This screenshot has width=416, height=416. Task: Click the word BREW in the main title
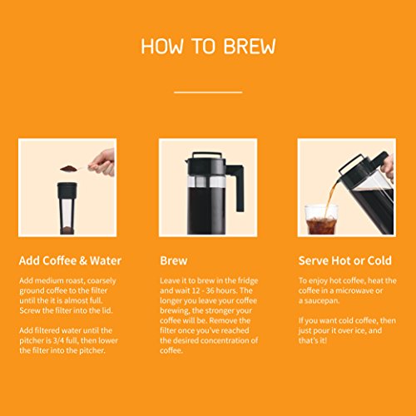tap(250, 46)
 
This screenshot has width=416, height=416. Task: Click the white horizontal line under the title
tap(208, 92)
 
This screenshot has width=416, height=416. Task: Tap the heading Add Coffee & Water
tap(70, 260)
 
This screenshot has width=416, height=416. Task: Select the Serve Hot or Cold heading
tap(345, 260)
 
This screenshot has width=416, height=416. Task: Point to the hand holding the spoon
tap(104, 162)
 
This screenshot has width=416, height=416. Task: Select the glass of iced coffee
tap(321, 220)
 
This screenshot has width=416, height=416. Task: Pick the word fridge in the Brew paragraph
tap(248, 280)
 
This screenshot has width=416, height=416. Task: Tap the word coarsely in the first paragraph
tap(102, 281)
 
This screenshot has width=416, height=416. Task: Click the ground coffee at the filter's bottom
tap(67, 230)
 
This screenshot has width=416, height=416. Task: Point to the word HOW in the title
tap(162, 46)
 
